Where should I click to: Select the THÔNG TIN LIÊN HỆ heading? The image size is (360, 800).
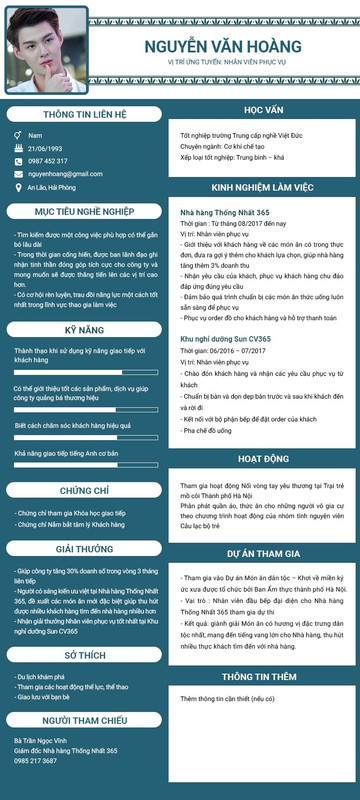(84, 114)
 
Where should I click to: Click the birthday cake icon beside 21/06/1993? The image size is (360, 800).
(16, 148)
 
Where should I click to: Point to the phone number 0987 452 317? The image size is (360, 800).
(48, 161)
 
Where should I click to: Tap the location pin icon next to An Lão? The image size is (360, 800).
(16, 187)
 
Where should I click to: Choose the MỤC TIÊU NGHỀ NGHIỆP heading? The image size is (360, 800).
(84, 212)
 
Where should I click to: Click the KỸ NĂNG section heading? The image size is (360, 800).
(84, 329)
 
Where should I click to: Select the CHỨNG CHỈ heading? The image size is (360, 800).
(84, 491)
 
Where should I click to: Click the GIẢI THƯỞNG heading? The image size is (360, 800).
(84, 549)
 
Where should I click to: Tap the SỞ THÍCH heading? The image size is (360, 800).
(84, 654)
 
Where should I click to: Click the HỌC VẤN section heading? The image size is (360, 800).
(262, 110)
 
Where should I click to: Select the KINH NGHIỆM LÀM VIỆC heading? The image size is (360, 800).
(262, 187)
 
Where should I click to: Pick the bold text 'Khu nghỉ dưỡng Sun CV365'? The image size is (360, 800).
(226, 340)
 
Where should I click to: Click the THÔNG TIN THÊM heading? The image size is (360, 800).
(262, 676)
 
